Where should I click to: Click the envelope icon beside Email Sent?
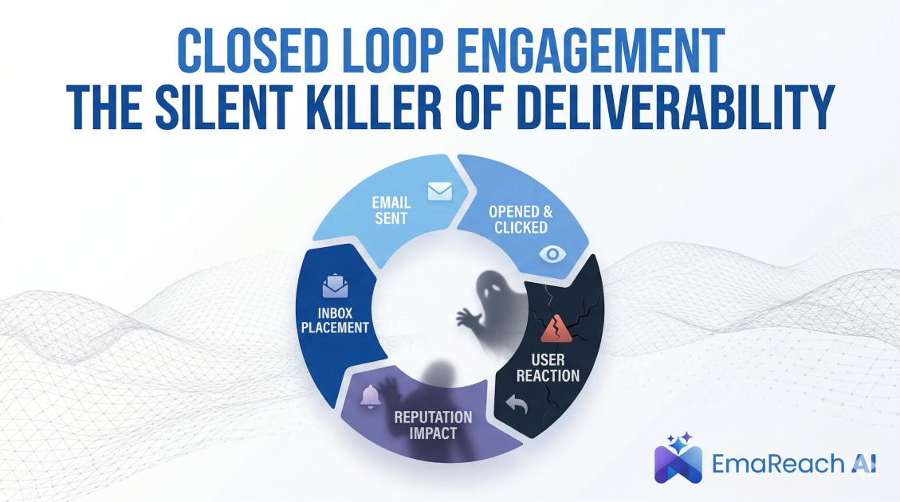point(439,191)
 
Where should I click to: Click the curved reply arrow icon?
point(517,405)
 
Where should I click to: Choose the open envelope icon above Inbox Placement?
point(335,285)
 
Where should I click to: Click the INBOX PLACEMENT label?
point(335,319)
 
